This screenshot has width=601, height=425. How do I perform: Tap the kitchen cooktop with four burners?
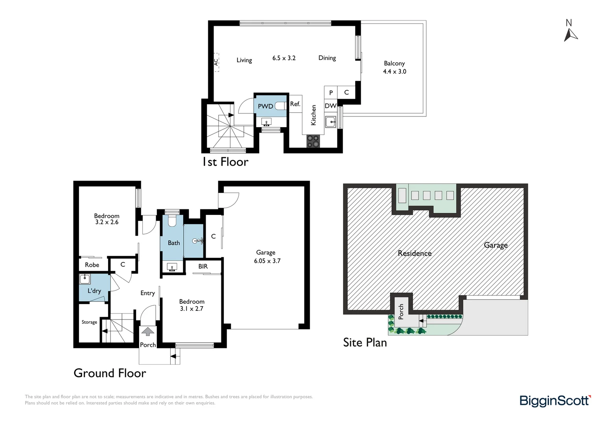pyautogui.click(x=313, y=141)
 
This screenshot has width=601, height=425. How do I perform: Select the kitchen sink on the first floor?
pyautogui.click(x=330, y=122)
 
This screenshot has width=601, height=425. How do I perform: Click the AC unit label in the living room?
pyautogui.click(x=216, y=62)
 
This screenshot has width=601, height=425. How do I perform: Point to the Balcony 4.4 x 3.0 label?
pyautogui.click(x=395, y=67)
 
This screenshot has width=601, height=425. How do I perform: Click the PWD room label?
pyautogui.click(x=265, y=106)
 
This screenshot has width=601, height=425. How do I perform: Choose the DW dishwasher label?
pyautogui.click(x=330, y=106)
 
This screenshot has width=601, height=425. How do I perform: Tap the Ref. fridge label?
pyautogui.click(x=295, y=104)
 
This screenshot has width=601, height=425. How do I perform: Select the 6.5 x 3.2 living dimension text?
pyautogui.click(x=284, y=58)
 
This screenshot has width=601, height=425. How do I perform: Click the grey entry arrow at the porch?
pyautogui.click(x=147, y=331)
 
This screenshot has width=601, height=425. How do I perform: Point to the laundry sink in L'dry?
pyautogui.click(x=85, y=279)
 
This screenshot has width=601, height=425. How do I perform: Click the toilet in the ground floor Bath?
pyautogui.click(x=172, y=221)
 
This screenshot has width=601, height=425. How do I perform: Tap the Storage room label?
pyautogui.click(x=89, y=322)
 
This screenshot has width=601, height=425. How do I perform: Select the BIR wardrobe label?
pyautogui.click(x=203, y=266)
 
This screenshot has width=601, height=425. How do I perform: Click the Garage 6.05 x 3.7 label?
pyautogui.click(x=267, y=257)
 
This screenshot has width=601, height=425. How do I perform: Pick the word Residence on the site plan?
pyautogui.click(x=415, y=253)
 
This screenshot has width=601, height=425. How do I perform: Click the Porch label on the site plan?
pyautogui.click(x=401, y=312)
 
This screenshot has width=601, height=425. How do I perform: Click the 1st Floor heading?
pyautogui.click(x=225, y=162)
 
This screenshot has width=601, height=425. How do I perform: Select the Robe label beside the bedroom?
pyautogui.click(x=92, y=265)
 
